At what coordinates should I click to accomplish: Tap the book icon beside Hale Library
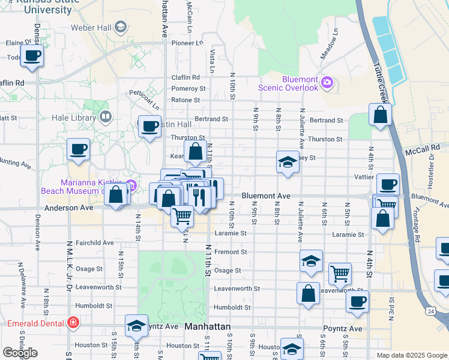[x=106, y=116]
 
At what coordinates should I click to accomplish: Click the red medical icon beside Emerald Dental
[x=73, y=323]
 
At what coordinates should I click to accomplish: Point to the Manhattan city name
[x=207, y=327]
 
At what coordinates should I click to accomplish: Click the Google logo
[x=20, y=353]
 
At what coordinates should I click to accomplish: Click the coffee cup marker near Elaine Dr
[x=32, y=56]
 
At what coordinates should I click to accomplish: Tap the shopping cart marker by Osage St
[x=340, y=274]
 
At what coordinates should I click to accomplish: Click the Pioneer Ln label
[x=187, y=43]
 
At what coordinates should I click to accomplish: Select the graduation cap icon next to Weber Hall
[x=121, y=27]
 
